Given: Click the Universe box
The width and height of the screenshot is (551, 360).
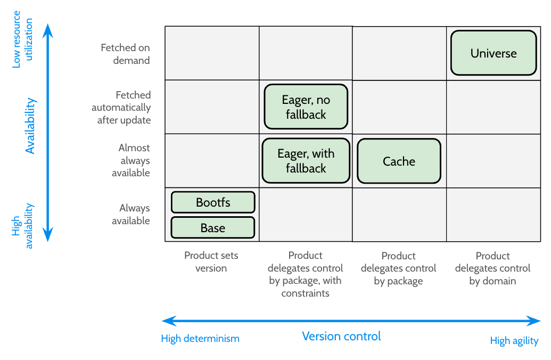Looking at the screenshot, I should [494, 53].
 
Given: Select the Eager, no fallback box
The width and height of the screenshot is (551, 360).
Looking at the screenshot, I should [306, 107].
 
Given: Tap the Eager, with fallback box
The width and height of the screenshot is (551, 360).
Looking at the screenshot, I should [306, 161].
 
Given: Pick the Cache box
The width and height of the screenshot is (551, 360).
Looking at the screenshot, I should [399, 161].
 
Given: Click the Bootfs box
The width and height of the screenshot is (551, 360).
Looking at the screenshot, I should [213, 202].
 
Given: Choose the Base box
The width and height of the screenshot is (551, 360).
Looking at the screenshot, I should [213, 228].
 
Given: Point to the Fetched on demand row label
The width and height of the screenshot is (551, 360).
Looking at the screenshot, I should [126, 54].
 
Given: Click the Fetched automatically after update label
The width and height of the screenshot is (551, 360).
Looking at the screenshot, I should [121, 108].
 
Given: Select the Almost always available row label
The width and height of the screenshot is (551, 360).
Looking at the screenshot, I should [131, 160].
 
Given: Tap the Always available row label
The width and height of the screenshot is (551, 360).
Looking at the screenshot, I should [131, 215].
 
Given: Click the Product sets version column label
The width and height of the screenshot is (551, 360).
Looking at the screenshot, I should [211, 262].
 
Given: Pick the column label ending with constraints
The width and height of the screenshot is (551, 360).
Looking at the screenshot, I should [306, 274].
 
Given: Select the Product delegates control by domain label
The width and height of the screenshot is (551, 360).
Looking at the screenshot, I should [492, 268].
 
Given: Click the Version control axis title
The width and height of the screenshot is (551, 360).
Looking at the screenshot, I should [341, 337].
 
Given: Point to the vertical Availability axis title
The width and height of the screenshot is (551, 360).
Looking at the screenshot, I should [30, 126].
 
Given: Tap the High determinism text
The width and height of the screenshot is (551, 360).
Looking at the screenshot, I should [200, 339].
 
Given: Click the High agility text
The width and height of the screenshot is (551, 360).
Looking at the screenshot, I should [514, 341].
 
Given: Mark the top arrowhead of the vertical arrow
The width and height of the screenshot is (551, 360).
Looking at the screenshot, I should [48, 30].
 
